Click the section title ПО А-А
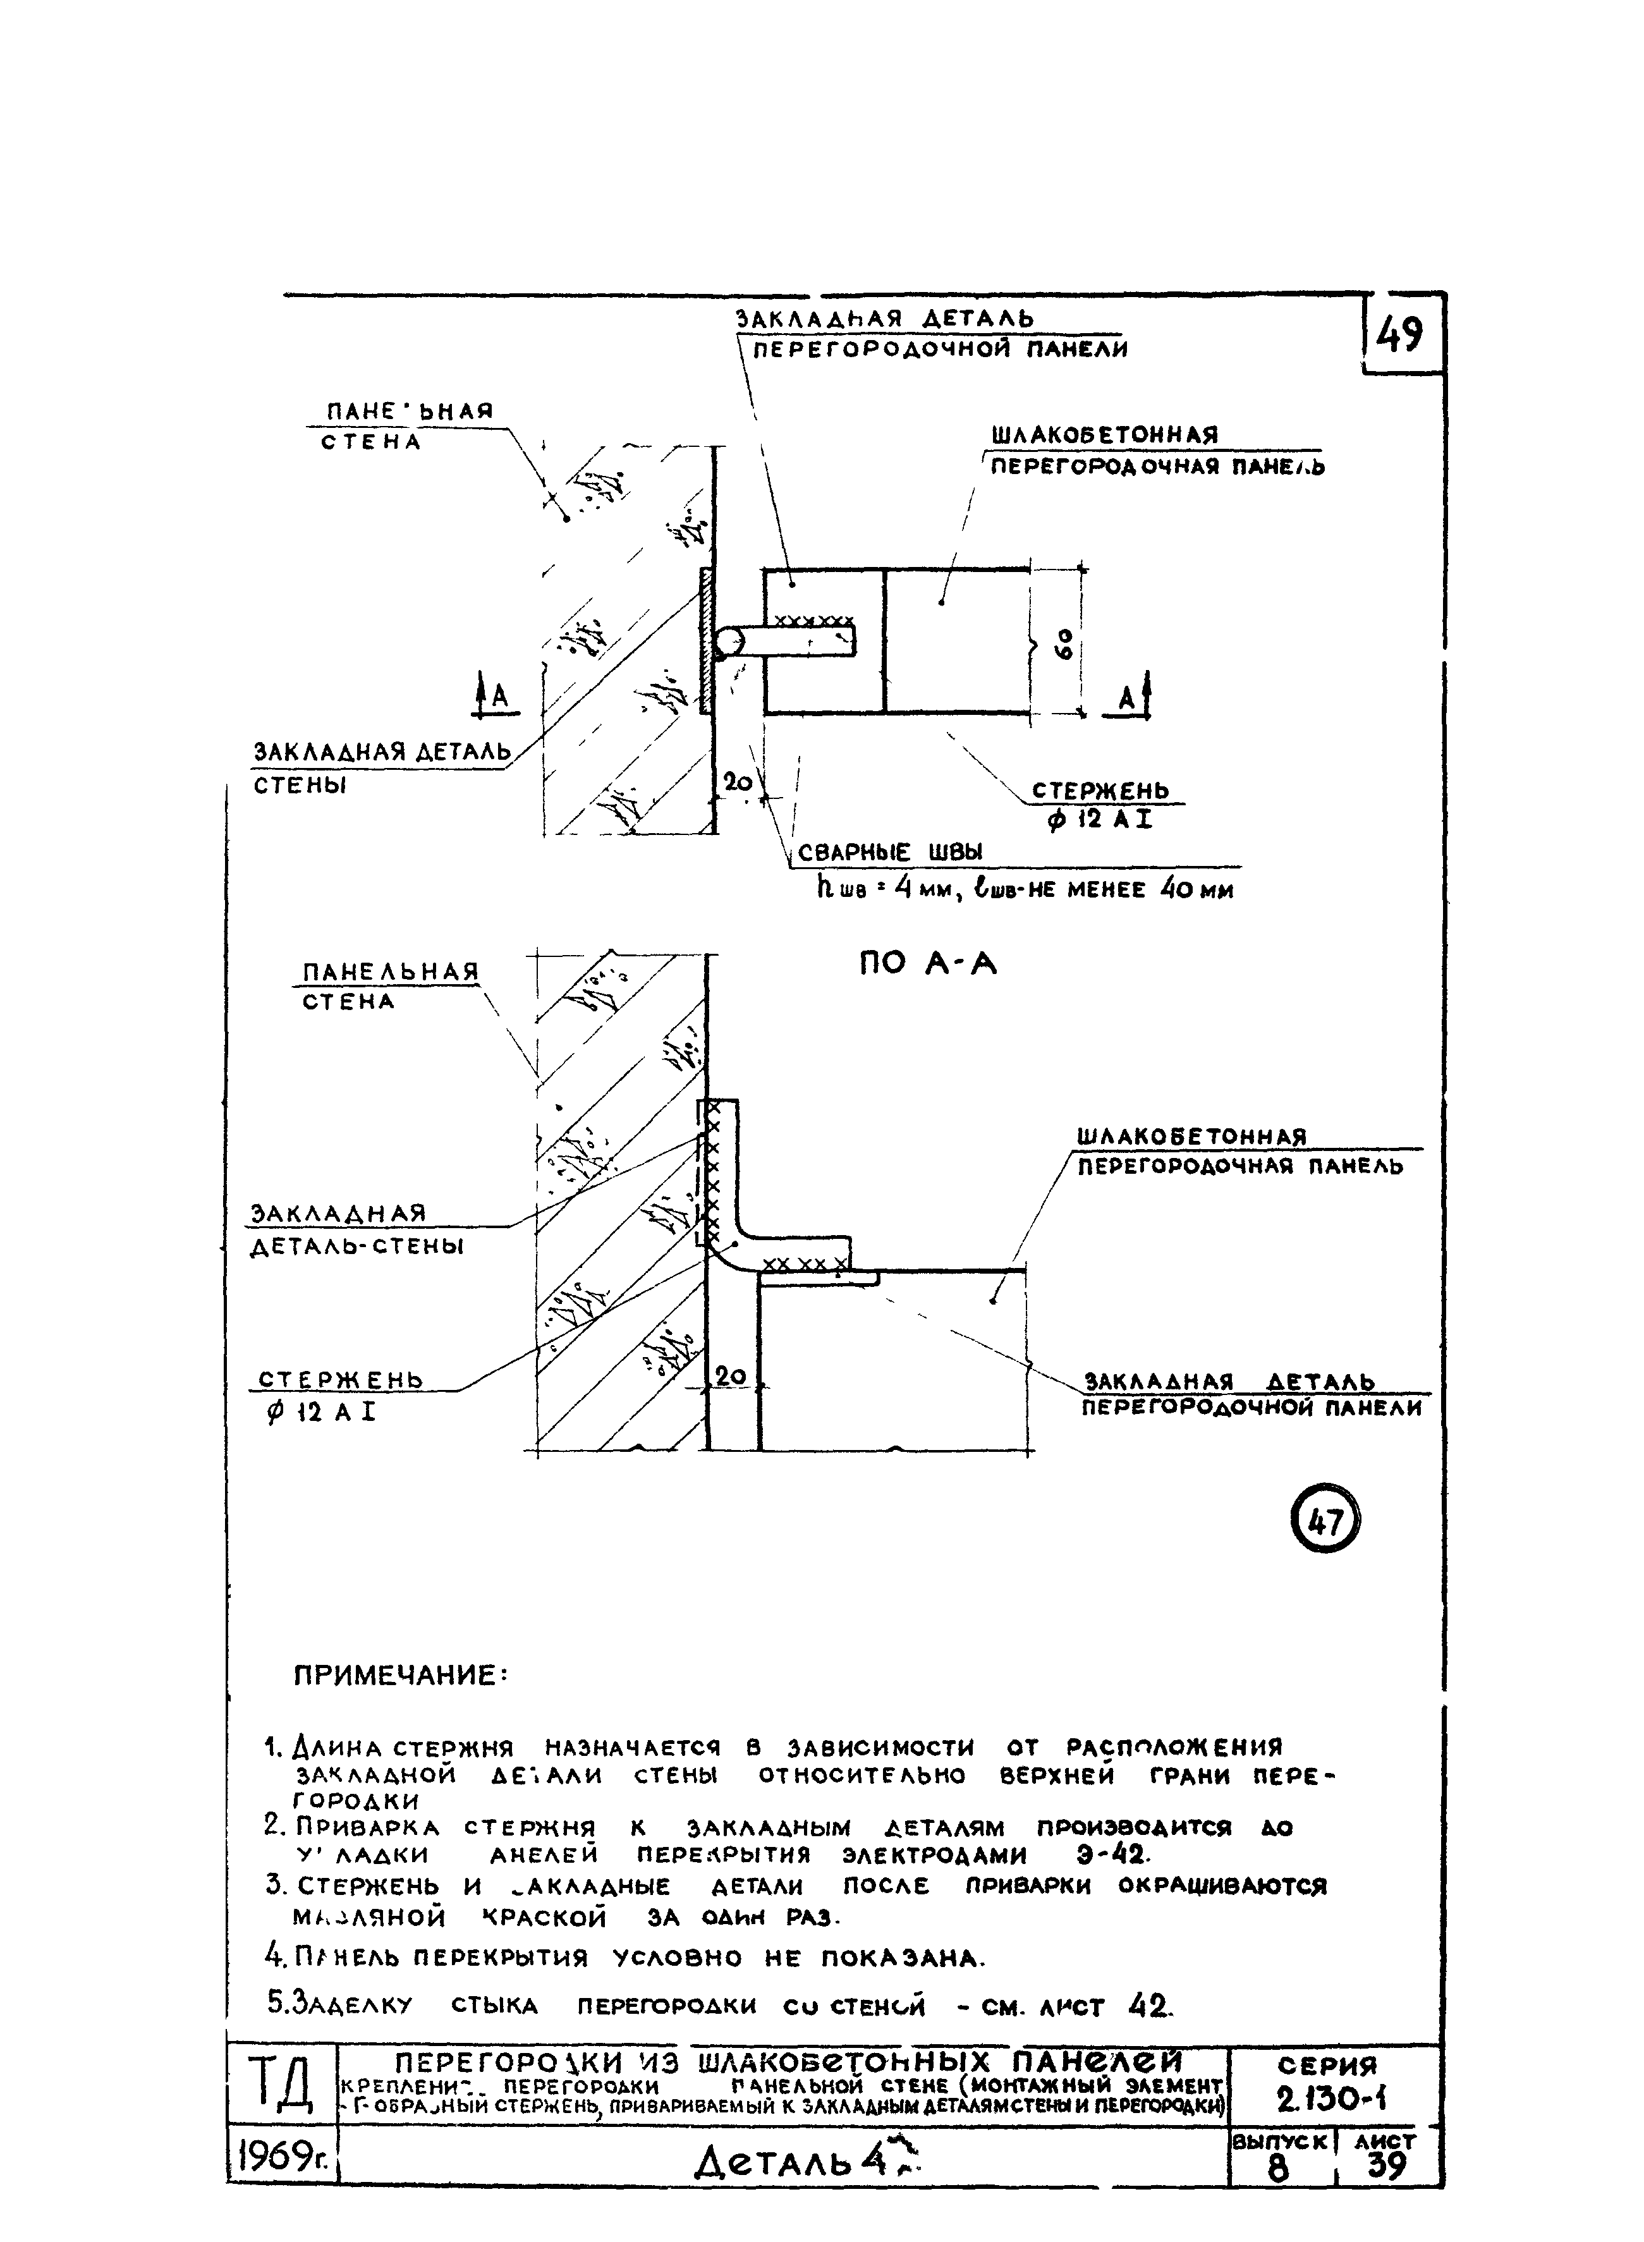point(927,963)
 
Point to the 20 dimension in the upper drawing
point(738,782)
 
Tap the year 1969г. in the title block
point(282,2157)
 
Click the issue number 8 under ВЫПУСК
point(1278,2167)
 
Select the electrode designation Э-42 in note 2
point(1112,1855)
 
